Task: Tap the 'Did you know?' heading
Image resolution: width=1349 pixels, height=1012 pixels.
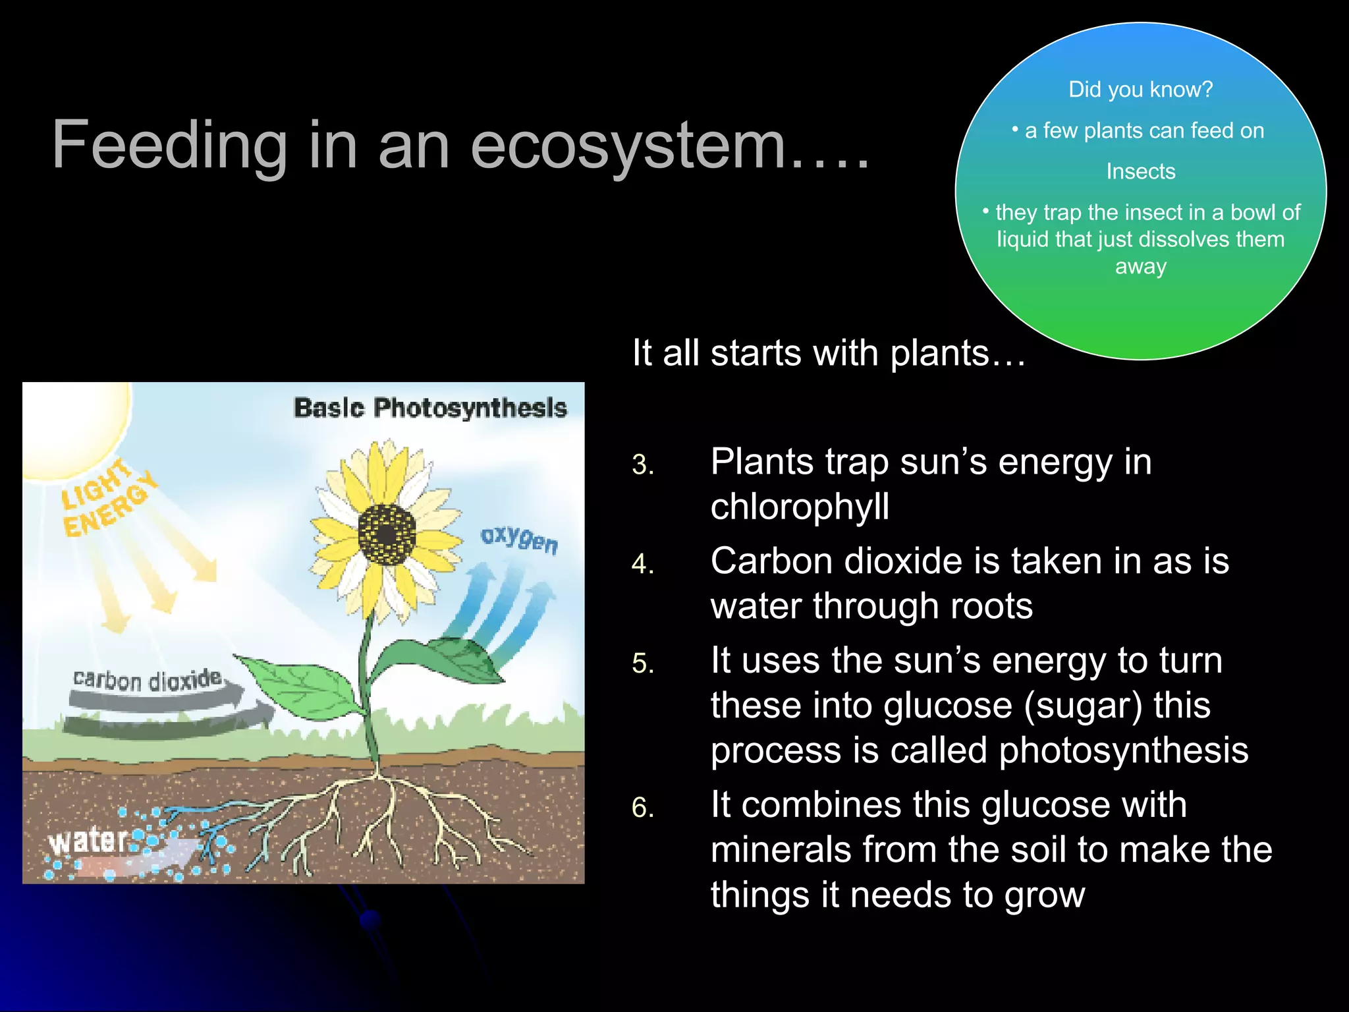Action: coord(1140,90)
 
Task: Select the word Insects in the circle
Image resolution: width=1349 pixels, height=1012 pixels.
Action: coord(1140,171)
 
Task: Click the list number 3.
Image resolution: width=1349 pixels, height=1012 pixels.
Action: coord(643,465)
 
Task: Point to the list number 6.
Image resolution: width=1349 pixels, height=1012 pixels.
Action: coord(643,808)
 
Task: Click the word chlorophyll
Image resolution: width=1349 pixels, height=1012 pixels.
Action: coord(800,507)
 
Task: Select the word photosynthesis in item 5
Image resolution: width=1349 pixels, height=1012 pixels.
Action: coord(1123,750)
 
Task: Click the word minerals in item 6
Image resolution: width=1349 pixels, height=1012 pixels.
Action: coord(781,850)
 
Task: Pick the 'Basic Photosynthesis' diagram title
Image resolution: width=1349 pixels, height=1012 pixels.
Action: coord(429,408)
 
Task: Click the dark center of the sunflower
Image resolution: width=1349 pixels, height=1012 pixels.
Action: coord(387,534)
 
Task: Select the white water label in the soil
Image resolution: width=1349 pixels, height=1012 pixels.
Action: coord(88,841)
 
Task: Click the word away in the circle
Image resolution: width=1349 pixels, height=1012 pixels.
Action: coord(1140,267)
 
